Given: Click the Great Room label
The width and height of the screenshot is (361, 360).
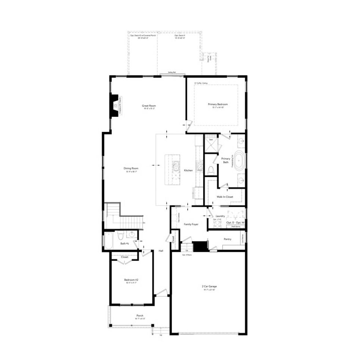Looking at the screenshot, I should pyautogui.click(x=149, y=106).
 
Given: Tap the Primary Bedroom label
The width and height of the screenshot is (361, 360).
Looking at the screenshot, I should pyautogui.click(x=218, y=104).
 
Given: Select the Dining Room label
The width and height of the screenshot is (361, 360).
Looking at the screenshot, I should pyautogui.click(x=131, y=168).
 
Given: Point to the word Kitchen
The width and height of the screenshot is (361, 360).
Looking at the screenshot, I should pyautogui.click(x=188, y=170).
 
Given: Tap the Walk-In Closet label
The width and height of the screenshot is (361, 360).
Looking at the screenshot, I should pyautogui.click(x=225, y=196).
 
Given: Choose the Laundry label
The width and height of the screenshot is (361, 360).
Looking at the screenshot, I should pyautogui.click(x=220, y=216).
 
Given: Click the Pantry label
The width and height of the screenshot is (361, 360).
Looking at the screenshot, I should pyautogui.click(x=227, y=239).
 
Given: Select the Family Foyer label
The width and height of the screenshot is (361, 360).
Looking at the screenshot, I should pyautogui.click(x=191, y=224).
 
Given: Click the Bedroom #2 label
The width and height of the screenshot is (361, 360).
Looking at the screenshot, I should pyautogui.click(x=131, y=279).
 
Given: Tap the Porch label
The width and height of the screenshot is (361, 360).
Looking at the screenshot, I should pyautogui.click(x=139, y=316).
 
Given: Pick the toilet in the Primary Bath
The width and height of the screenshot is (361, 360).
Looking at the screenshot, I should pyautogui.click(x=210, y=170).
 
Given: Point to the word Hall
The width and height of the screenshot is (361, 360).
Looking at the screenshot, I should pyautogui.click(x=161, y=251).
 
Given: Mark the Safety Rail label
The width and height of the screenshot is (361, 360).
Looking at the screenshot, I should pyautogui.click(x=172, y=72).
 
